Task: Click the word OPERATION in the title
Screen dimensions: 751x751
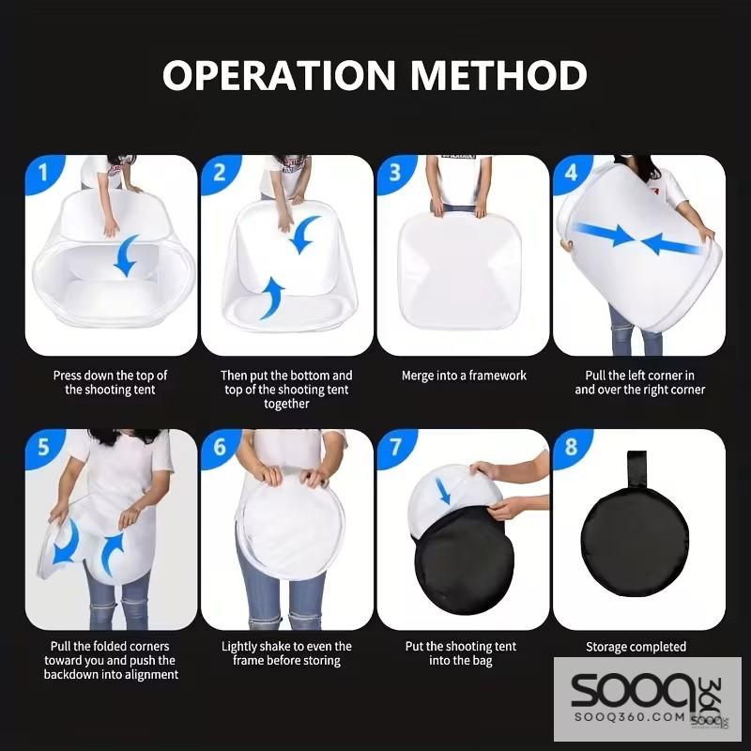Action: (x=279, y=75)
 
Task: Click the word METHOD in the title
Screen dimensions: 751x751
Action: (x=498, y=75)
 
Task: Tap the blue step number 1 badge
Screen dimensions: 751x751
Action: (x=43, y=173)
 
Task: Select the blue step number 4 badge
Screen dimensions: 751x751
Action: (x=571, y=173)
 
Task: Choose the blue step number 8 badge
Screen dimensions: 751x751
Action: (x=571, y=448)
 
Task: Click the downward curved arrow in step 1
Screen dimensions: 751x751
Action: (x=126, y=255)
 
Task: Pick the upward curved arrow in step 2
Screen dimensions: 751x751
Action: (x=271, y=298)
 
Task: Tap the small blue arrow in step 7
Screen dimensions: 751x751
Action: (x=443, y=490)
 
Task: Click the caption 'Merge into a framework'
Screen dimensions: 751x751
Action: (x=464, y=375)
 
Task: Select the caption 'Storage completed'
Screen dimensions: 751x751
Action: (x=636, y=647)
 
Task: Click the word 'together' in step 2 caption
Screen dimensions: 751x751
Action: (x=286, y=404)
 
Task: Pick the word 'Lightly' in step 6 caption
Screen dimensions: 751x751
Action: (x=239, y=647)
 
